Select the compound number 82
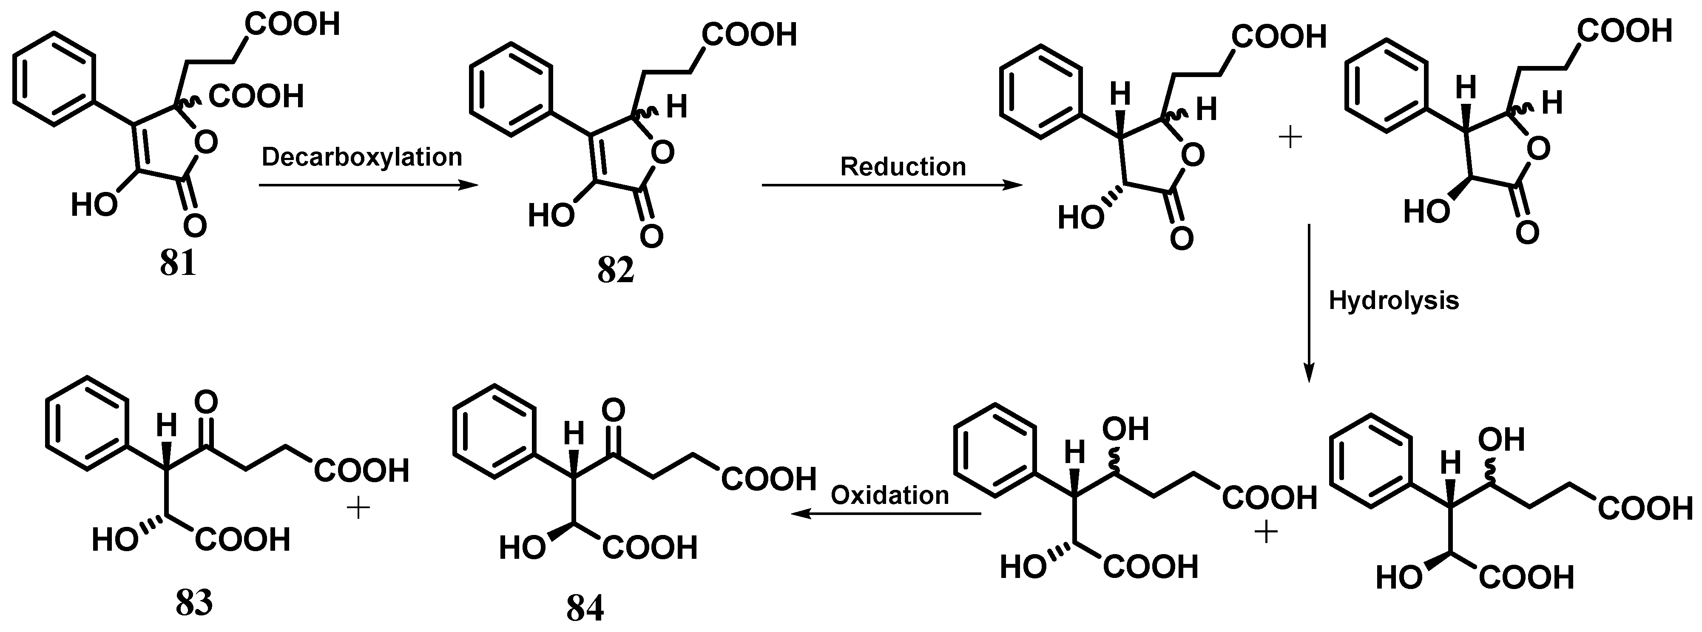pyautogui.click(x=615, y=270)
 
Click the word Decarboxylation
pyautogui.click(x=362, y=157)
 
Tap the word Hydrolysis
pyautogui.click(x=1393, y=301)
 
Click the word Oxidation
pyautogui.click(x=889, y=495)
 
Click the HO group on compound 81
pyautogui.click(x=94, y=206)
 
